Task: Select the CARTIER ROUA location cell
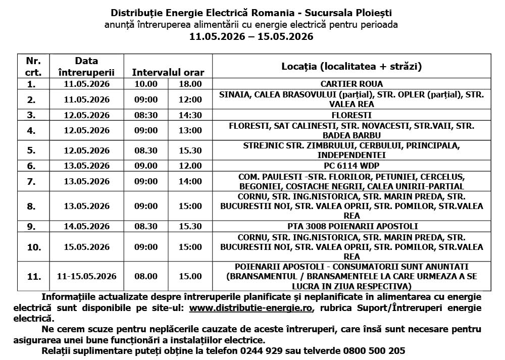coord(351,84)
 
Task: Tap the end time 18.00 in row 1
coord(190,84)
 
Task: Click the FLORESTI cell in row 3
coord(351,115)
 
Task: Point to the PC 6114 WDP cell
coord(351,166)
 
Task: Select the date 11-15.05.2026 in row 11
coord(87,276)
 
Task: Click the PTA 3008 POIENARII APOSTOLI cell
coord(351,226)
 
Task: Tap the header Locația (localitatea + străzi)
coord(351,66)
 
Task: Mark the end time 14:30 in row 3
coord(190,115)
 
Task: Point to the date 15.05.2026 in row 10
coord(87,247)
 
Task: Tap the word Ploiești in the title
coord(373,12)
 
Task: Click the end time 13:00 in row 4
coord(190,131)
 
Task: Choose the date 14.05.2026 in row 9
coord(87,226)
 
